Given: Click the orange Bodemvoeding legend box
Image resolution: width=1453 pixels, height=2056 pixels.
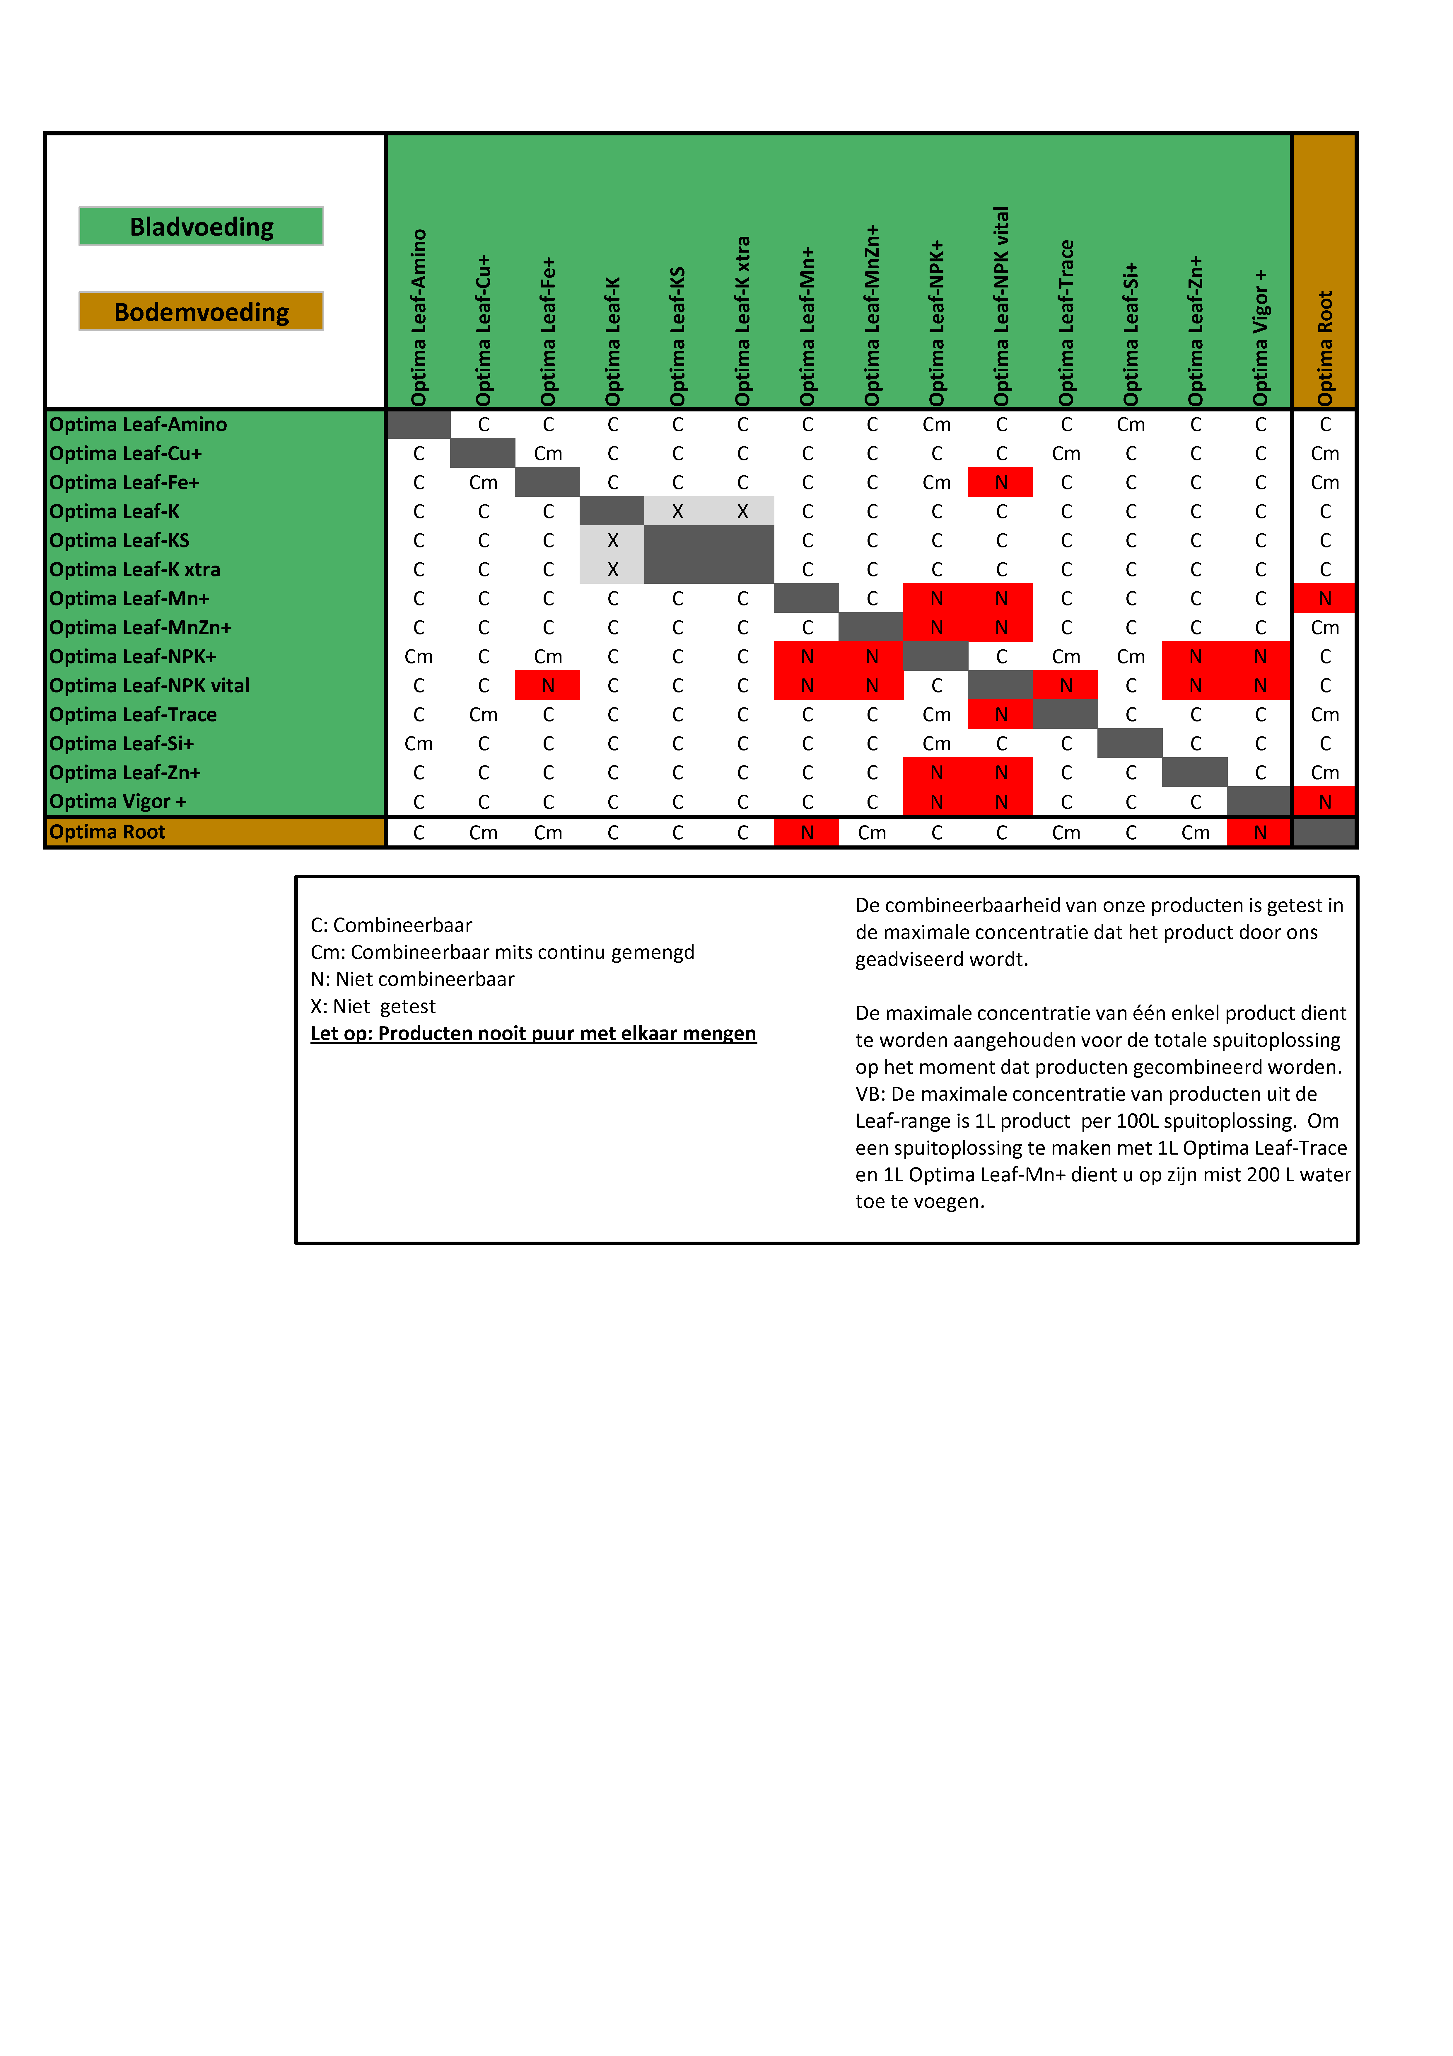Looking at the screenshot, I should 202,312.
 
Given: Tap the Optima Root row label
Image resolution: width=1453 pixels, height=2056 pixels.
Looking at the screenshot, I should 107,832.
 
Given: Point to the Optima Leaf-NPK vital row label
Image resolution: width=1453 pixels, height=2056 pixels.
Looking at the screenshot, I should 149,685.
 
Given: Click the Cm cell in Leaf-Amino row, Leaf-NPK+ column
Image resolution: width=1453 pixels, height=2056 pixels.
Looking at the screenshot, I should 936,424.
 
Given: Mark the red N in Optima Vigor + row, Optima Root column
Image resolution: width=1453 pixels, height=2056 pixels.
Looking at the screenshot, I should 1325,801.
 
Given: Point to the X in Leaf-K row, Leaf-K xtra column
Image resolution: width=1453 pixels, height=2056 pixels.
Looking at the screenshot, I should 742,511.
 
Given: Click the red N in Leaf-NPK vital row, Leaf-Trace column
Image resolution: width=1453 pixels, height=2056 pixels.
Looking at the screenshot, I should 1065,685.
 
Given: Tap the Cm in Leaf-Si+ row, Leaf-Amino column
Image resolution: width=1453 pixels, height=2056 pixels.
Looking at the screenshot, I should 418,743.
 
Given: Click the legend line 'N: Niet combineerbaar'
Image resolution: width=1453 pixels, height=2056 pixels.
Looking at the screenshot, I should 413,979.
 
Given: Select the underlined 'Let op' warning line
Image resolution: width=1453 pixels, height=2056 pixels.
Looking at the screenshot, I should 534,1033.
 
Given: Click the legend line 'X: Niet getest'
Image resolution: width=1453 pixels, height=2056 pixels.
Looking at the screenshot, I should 373,1007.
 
